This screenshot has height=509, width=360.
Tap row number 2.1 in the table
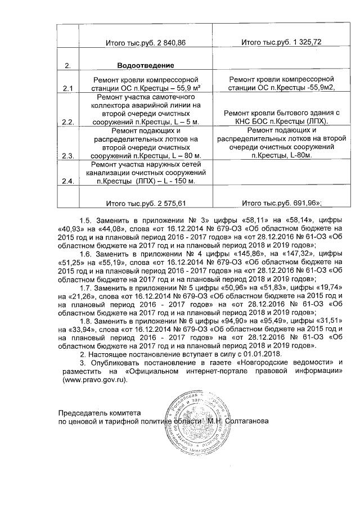pos(68,89)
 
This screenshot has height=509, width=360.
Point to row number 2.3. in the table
pos(68,156)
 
